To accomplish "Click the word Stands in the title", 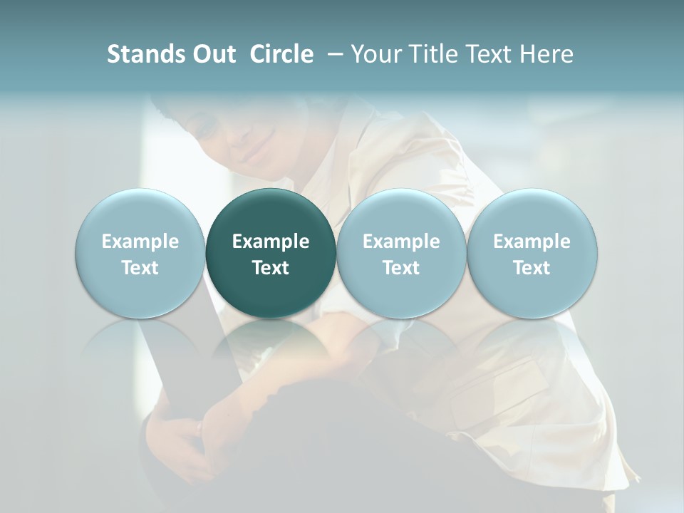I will click(x=145, y=54).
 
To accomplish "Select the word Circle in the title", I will click(x=281, y=54).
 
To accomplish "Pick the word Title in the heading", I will click(x=429, y=54).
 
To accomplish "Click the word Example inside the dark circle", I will click(x=271, y=242).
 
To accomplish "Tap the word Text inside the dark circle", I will click(x=271, y=268).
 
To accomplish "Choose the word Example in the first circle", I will click(x=140, y=242).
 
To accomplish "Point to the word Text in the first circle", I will click(x=140, y=268).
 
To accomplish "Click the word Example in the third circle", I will click(x=401, y=242).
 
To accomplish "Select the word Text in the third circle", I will click(x=401, y=268).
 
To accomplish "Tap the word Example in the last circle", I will click(x=532, y=242).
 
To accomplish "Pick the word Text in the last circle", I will click(x=532, y=268).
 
